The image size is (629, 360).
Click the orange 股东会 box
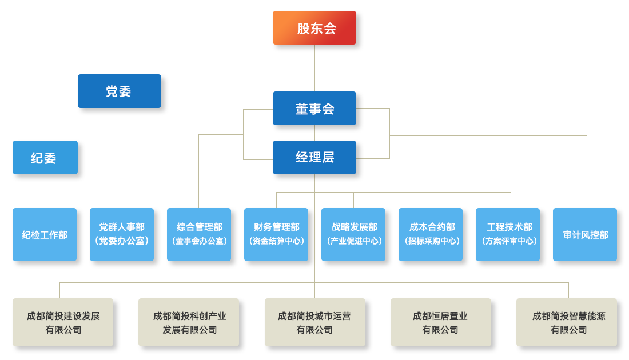pos(314,28)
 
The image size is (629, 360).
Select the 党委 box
pos(119,91)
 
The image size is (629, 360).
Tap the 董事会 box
pos(314,109)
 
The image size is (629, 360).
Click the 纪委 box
pos(45,158)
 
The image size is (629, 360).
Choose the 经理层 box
pos(314,157)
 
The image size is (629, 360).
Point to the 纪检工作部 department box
pos(45,235)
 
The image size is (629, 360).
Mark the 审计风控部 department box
pos(585,235)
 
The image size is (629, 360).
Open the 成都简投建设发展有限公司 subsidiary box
pos(63,322)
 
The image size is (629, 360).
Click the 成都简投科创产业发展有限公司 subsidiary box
pos(189,322)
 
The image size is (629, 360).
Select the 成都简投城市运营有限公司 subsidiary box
pos(314,322)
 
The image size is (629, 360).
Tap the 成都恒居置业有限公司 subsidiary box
pos(440,322)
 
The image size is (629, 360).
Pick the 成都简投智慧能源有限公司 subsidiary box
pos(567,322)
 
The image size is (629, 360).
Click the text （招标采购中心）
pos(431,241)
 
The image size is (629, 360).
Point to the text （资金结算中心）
pos(276,241)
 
